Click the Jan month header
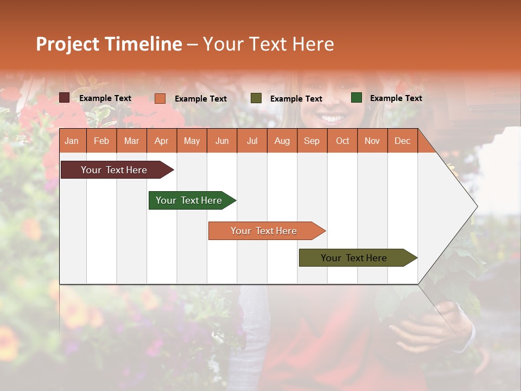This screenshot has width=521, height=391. (x=72, y=141)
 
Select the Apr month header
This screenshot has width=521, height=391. (x=161, y=141)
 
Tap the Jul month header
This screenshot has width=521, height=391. (x=252, y=141)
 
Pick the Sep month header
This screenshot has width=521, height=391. (x=312, y=141)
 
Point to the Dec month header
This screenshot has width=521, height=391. (x=402, y=141)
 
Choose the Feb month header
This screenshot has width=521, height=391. (x=101, y=141)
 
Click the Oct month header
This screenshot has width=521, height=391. (x=342, y=141)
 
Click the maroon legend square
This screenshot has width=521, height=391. (x=64, y=98)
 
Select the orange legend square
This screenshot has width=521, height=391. (x=160, y=98)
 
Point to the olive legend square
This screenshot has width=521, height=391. (x=256, y=98)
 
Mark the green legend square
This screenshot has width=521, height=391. (x=357, y=98)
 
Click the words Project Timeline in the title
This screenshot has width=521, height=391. (x=109, y=44)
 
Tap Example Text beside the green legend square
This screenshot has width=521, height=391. (x=396, y=98)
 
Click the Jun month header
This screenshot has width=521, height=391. (x=222, y=141)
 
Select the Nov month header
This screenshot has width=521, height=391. (x=372, y=141)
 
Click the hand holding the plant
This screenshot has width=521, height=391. (x=429, y=329)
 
